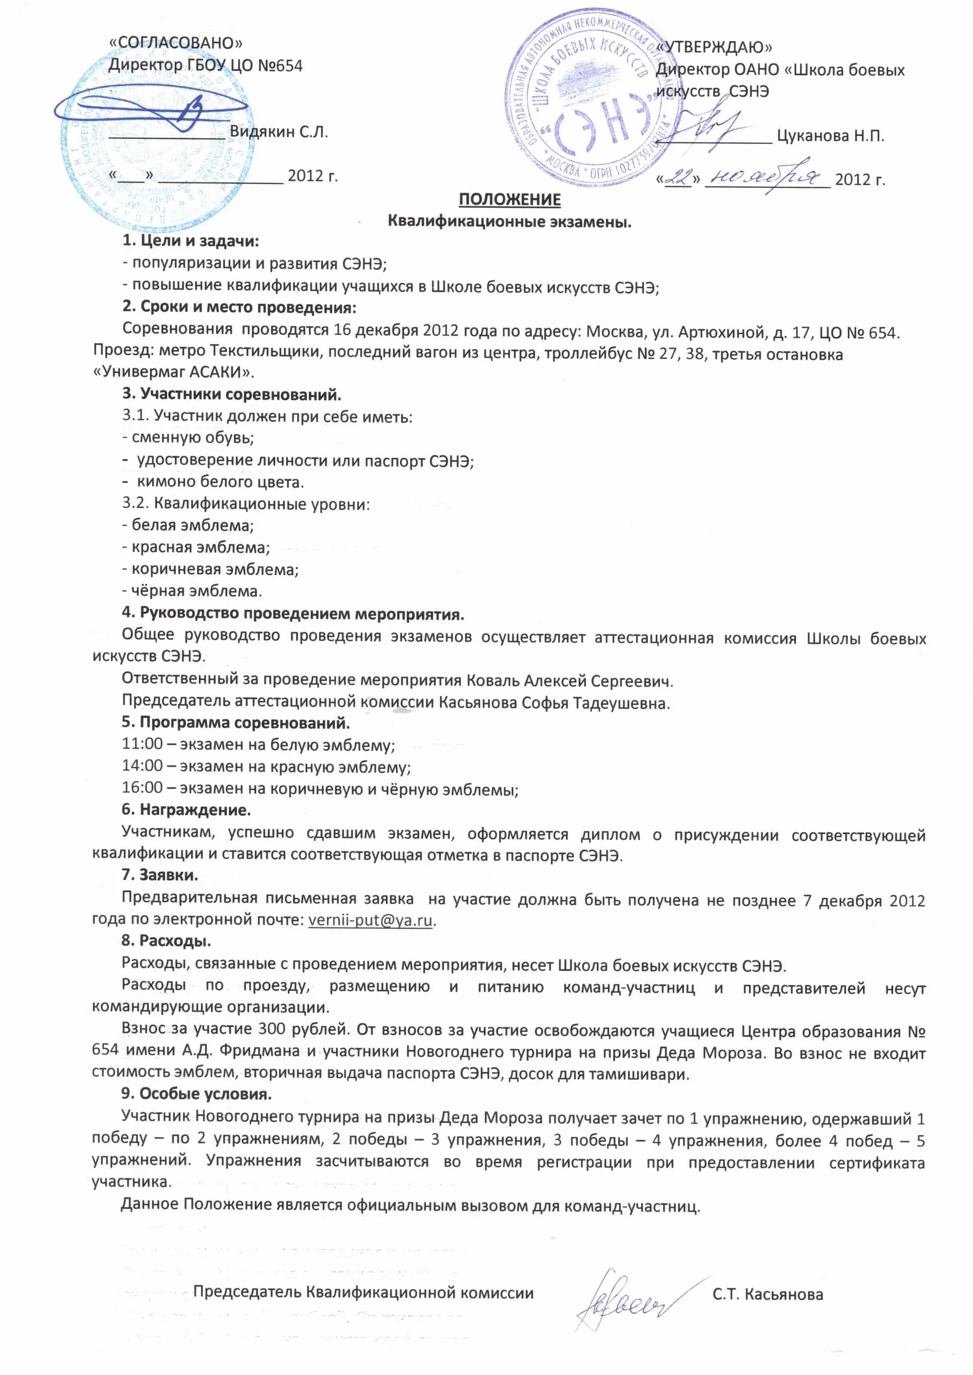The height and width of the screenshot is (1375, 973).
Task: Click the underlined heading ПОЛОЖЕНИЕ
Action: coord(509,199)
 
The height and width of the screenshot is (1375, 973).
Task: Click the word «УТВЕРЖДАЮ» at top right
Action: coord(714,47)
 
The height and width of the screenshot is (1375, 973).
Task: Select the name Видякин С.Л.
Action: coord(279,132)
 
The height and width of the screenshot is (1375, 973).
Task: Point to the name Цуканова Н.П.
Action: coord(830,136)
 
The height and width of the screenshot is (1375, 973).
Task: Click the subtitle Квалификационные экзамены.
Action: coord(509,221)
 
